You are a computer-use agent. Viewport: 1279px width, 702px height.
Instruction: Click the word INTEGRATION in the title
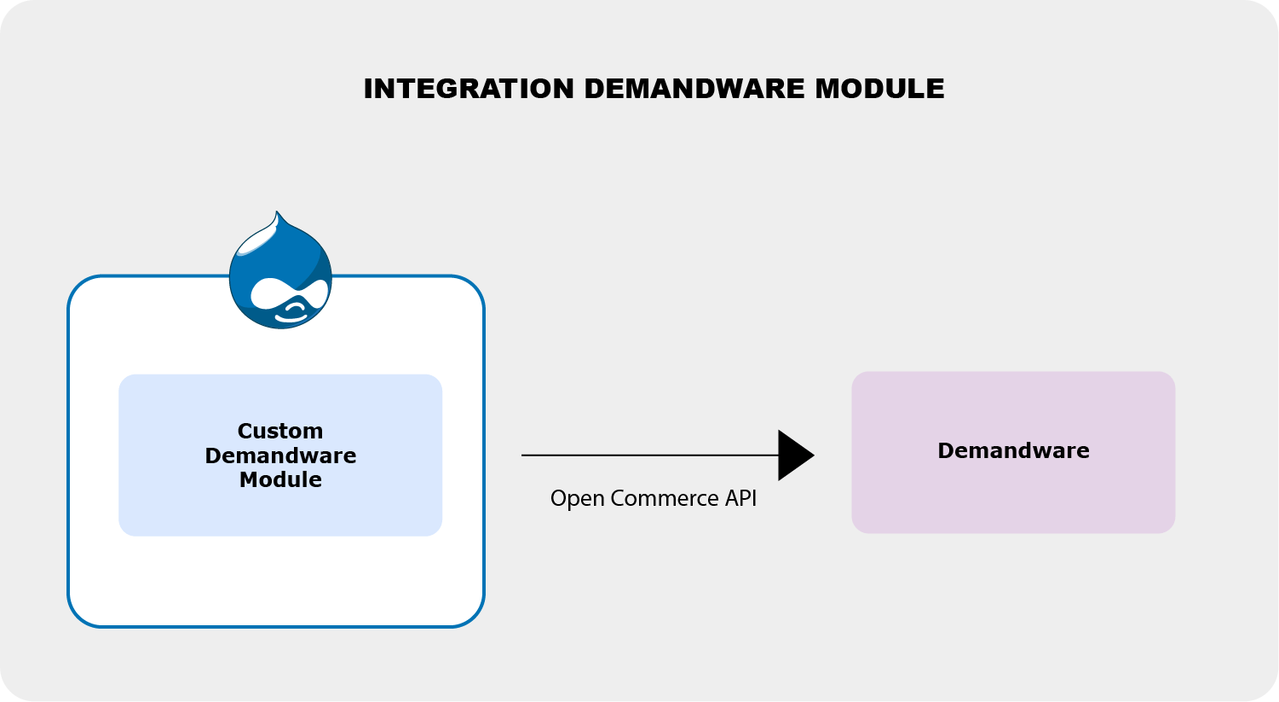pos(469,89)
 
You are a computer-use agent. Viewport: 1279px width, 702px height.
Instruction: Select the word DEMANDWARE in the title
pos(694,89)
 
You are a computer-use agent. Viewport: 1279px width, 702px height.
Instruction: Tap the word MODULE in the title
pos(879,89)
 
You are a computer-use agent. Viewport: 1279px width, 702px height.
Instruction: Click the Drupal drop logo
pos(280,270)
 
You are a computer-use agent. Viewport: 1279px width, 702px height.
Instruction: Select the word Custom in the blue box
pos(280,431)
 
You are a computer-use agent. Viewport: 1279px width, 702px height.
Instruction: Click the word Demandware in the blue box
pos(280,455)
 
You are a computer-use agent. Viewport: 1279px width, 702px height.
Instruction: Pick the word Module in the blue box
pos(280,479)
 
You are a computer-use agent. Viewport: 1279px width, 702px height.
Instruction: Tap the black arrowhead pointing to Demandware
pos(796,455)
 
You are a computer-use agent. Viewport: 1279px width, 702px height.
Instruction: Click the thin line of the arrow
pos(650,455)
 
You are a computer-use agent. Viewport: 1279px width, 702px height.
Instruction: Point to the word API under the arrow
pos(740,498)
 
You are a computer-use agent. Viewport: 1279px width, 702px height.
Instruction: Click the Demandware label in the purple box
pos(1013,450)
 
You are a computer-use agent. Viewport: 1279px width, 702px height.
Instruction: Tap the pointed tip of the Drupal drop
pos(277,212)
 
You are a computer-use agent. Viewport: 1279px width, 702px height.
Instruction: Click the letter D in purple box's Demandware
pos(946,450)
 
